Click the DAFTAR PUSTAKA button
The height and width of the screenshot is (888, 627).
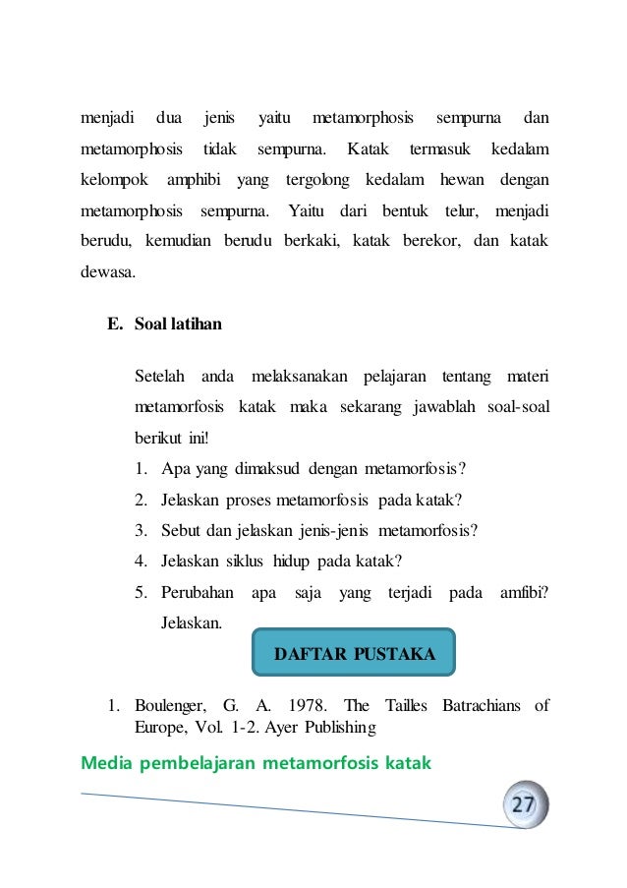[354, 653]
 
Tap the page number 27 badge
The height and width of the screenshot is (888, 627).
[523, 805]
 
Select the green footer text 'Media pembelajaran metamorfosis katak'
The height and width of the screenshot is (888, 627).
[256, 761]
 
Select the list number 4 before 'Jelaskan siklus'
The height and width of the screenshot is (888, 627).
[142, 562]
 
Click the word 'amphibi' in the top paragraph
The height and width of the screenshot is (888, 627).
[195, 181]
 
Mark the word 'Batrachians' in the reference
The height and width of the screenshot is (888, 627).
[474, 706]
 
